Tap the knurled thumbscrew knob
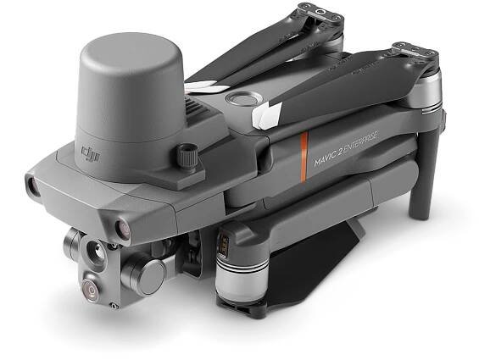click(187, 157)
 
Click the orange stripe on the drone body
click(304, 158)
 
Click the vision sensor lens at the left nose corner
click(31, 185)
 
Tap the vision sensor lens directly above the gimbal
click(122, 229)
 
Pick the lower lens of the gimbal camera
click(91, 289)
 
